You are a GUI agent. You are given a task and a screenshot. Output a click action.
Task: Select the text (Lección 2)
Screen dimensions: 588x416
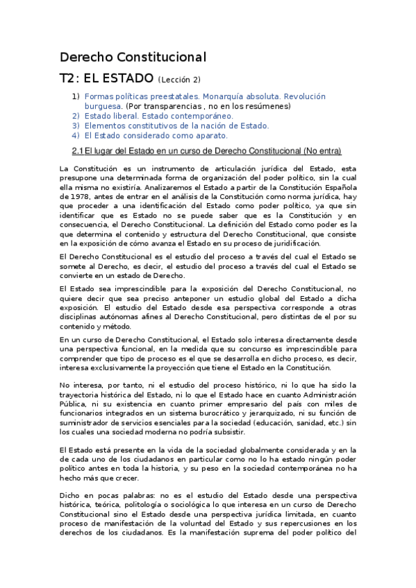180,80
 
